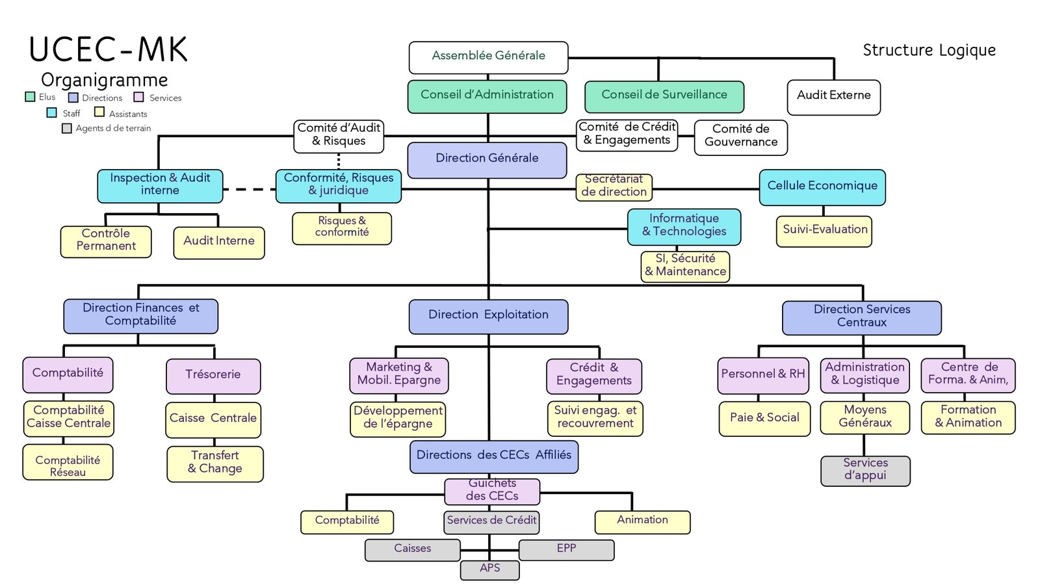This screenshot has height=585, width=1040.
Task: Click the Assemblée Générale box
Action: point(488,58)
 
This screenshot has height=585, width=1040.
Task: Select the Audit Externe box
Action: point(834,97)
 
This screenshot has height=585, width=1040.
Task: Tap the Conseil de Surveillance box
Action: point(664,97)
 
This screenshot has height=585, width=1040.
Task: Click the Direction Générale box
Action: point(487,160)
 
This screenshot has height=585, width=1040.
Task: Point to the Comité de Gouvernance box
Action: point(741,137)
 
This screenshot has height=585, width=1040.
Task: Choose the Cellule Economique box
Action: point(822,187)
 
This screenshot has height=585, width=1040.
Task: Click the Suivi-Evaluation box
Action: point(824,231)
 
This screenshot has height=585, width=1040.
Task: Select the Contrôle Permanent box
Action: point(106,242)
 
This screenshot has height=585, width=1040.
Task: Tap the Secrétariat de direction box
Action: point(614,187)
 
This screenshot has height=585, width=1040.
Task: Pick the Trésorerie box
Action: point(213,376)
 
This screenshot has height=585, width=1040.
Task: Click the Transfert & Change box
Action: point(215,464)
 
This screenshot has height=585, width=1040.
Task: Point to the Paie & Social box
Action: point(764,419)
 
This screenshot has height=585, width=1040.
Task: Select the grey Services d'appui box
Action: point(865,471)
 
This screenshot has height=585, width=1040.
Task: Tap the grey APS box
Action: point(490,569)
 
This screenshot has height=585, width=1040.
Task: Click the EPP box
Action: point(566,550)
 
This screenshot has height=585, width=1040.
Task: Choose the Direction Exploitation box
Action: point(488,317)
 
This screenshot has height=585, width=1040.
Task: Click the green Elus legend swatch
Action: point(30,97)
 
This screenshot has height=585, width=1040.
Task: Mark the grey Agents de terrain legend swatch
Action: point(67,128)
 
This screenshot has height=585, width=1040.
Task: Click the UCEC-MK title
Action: point(108,49)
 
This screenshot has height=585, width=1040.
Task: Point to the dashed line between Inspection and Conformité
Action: point(250,189)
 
